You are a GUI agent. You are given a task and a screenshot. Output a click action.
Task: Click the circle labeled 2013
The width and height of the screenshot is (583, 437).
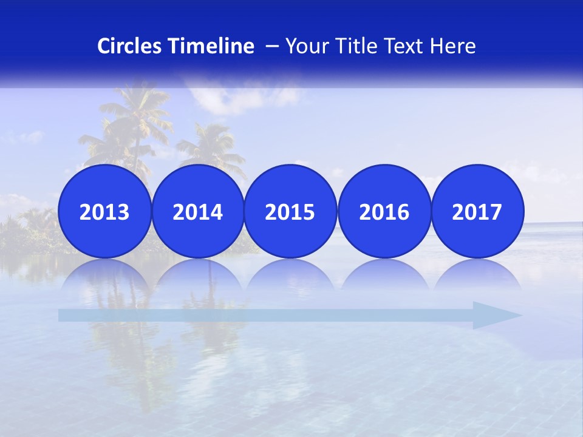pyautogui.click(x=104, y=211)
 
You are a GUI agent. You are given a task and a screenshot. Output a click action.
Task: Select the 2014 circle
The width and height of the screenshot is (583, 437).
pyautogui.click(x=197, y=211)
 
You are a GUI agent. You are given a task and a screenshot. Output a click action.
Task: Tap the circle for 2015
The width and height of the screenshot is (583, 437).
pyautogui.click(x=290, y=211)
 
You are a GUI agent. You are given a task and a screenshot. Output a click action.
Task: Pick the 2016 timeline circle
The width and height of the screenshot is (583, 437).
pyautogui.click(x=384, y=211)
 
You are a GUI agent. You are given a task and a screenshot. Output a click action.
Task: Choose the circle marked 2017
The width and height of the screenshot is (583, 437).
pyautogui.click(x=477, y=211)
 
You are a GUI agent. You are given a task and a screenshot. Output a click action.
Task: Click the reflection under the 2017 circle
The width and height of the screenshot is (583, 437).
pyautogui.click(x=477, y=276)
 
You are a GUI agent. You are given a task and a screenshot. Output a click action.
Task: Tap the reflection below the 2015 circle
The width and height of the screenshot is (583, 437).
pyautogui.click(x=290, y=276)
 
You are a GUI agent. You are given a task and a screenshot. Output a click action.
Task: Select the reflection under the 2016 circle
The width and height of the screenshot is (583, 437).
pyautogui.click(x=384, y=276)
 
